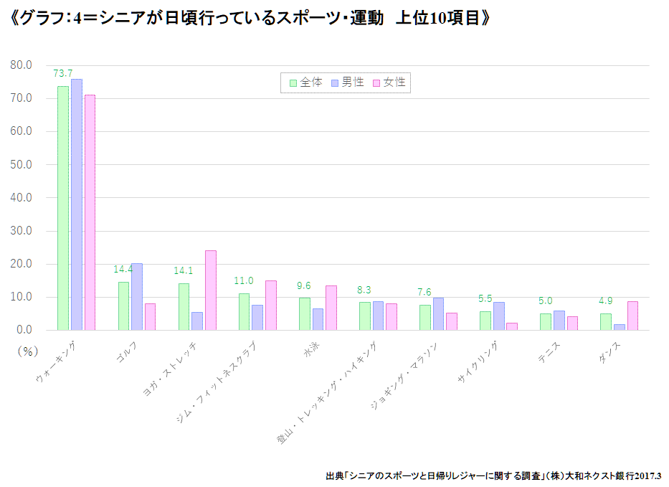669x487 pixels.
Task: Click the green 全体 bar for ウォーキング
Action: [x=63, y=208]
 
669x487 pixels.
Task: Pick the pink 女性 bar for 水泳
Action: [x=331, y=308]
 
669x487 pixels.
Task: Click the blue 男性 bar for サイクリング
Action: [x=499, y=316]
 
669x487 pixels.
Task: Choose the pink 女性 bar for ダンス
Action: [x=632, y=316]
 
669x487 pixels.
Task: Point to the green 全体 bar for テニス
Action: [x=546, y=322]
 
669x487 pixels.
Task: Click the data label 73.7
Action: [x=63, y=73]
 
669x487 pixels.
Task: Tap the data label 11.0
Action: [x=244, y=281]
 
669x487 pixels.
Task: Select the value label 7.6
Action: [x=424, y=292]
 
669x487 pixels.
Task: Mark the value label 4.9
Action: [x=605, y=301]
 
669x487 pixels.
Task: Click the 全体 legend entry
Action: [x=306, y=82]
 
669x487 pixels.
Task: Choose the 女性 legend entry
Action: [x=389, y=82]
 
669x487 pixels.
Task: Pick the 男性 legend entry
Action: [x=347, y=82]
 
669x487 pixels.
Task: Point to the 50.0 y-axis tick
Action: [x=22, y=164]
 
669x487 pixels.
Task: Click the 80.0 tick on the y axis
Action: [x=22, y=65]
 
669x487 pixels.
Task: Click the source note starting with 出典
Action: [x=493, y=475]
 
